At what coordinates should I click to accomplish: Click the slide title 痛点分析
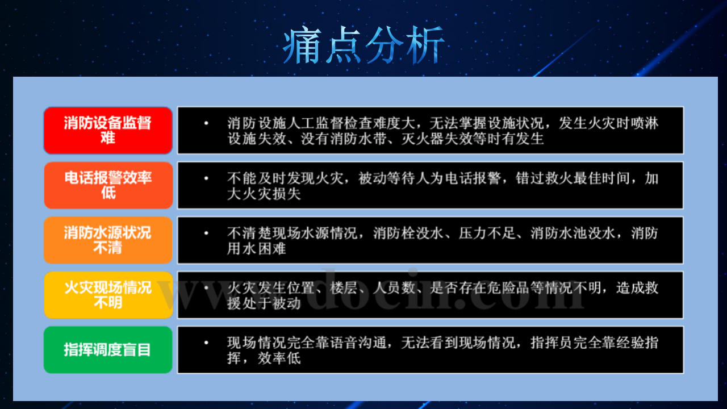[x=363, y=45]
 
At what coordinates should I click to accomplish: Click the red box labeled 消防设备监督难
[x=108, y=130]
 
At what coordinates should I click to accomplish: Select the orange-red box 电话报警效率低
[x=108, y=185]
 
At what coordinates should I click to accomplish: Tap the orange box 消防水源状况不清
[x=108, y=240]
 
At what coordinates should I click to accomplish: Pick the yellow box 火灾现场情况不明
[x=108, y=295]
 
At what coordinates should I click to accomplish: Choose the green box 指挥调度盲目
[x=108, y=349]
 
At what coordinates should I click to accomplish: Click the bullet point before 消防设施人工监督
[x=206, y=123]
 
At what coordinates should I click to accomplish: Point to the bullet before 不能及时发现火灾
[x=206, y=178]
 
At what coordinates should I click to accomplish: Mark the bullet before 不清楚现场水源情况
[x=206, y=233]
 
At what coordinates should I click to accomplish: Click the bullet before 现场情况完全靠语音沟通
[x=206, y=343]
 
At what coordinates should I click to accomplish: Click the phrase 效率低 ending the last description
[x=279, y=358]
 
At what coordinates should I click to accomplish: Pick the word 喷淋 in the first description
[x=645, y=123]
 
